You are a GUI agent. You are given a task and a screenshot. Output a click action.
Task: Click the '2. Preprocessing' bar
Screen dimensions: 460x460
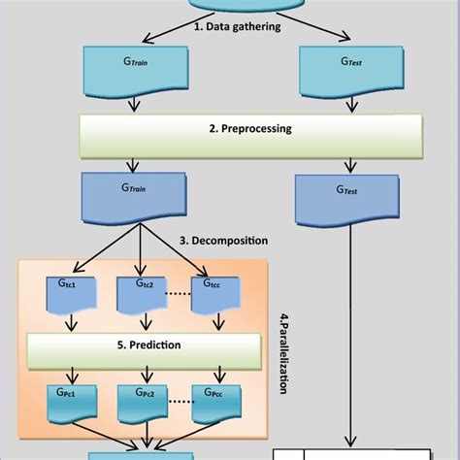[x=250, y=129]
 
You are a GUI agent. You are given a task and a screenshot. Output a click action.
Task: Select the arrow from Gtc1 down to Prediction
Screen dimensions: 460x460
[x=68, y=324]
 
